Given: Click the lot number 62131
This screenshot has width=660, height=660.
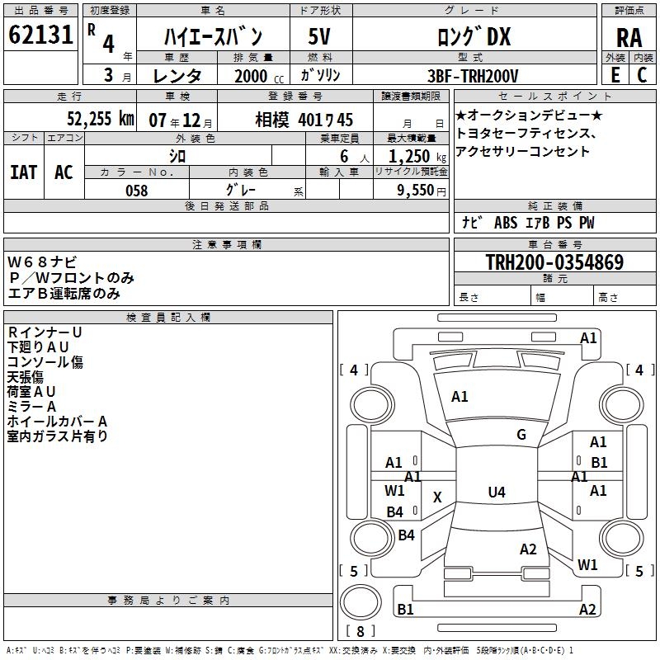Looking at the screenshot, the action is (40, 37).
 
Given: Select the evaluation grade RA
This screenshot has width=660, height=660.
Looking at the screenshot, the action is (629, 37).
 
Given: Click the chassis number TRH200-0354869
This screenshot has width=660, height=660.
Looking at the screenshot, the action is (554, 262).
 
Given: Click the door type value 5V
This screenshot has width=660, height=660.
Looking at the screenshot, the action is (319, 37).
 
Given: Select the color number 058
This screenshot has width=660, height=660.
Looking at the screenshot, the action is (136, 191).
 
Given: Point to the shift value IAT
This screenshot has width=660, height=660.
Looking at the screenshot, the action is (23, 172).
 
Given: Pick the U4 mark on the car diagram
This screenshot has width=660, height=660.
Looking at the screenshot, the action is (496, 493).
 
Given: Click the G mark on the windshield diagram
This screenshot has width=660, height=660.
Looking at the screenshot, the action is (521, 435).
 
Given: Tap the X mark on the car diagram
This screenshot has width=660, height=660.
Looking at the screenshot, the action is (437, 497).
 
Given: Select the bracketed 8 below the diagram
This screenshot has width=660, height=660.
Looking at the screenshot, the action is (360, 632).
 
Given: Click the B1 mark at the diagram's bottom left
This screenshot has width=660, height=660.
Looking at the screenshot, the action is (405, 609).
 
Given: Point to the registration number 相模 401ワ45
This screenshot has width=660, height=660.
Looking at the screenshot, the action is (304, 120).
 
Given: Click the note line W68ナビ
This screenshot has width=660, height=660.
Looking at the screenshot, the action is (43, 262).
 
